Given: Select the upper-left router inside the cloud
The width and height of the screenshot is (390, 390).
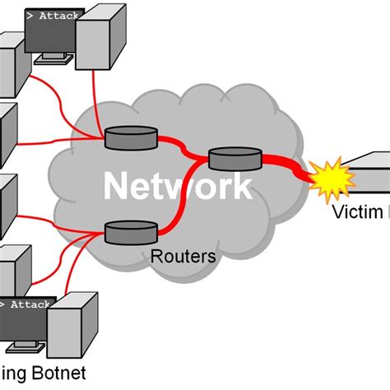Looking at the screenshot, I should pos(131,137).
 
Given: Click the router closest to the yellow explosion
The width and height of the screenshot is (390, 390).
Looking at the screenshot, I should pos(234,159).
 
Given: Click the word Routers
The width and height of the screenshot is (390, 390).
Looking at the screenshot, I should pos(183,256).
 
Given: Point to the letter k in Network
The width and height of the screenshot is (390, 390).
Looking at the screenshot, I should pos(240,186).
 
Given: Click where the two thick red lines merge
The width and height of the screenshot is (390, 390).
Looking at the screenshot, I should pos(195,156).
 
